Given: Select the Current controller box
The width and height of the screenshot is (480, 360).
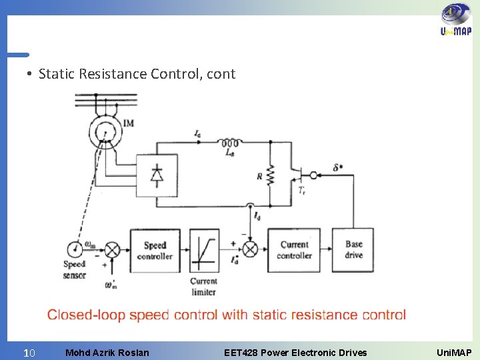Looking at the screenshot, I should pos(294,250).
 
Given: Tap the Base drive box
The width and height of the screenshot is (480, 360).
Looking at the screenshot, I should pos(354,250).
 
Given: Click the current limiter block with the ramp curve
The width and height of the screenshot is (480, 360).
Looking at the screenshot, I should pos(204,250).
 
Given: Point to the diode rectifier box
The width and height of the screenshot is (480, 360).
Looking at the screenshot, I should pos(157,175).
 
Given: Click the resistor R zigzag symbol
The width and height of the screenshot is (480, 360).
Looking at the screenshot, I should pos(271,177).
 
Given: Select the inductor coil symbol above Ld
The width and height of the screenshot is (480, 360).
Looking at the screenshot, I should pos(230,143).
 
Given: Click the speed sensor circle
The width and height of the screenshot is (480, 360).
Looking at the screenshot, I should pos(75,249).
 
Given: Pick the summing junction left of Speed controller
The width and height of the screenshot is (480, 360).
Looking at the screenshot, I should pos(112,250).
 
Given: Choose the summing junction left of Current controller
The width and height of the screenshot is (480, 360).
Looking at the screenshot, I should pos(249,250).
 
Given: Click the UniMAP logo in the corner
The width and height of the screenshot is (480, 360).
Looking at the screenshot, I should pos(456,21).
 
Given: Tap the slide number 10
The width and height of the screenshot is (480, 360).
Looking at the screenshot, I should pos(29,352).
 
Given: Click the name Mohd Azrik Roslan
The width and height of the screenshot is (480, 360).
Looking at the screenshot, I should pos(107,352).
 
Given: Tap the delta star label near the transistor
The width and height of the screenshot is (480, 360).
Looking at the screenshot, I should pos(339,167).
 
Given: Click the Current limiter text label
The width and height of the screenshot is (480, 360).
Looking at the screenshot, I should pos(203,286).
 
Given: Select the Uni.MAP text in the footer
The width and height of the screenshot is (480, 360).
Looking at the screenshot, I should pos(453,352).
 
